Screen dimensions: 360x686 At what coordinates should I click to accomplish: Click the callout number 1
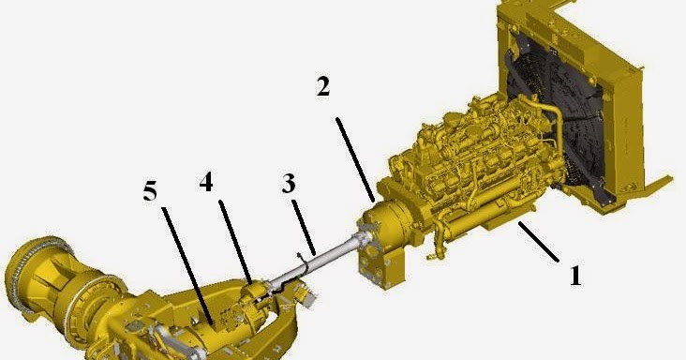click(575, 276)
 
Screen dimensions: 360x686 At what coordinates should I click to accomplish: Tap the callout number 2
click(322, 86)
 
